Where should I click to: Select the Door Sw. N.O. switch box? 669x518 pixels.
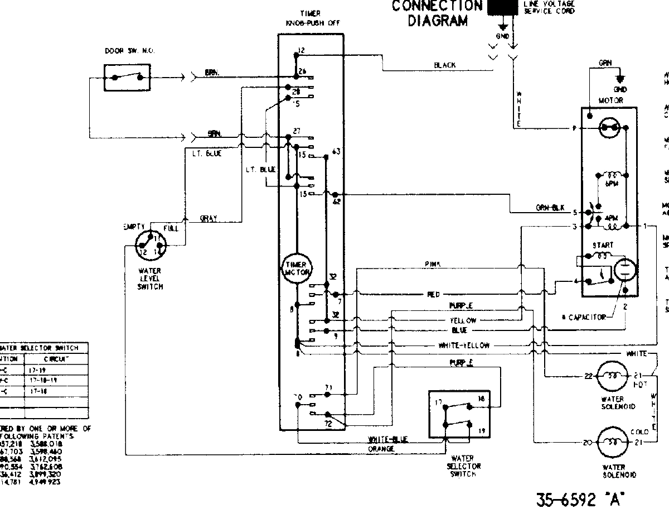pyautogui.click(x=127, y=77)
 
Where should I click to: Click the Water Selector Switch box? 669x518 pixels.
pyautogui.click(x=461, y=414)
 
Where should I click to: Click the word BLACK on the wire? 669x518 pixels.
pyautogui.click(x=445, y=65)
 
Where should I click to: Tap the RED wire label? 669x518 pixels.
pyautogui.click(x=434, y=294)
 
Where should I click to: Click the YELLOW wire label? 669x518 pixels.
pyautogui.click(x=463, y=320)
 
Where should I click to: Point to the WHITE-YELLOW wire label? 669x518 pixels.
pyautogui.click(x=464, y=346)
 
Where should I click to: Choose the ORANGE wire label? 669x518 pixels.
pyautogui.click(x=381, y=448)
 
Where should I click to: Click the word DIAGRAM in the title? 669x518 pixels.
pyautogui.click(x=438, y=21)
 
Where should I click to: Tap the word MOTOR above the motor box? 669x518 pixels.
pyautogui.click(x=610, y=100)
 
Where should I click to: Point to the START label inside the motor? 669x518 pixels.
pyautogui.click(x=603, y=245)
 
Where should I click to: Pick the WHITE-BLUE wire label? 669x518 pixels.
pyautogui.click(x=388, y=439)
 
